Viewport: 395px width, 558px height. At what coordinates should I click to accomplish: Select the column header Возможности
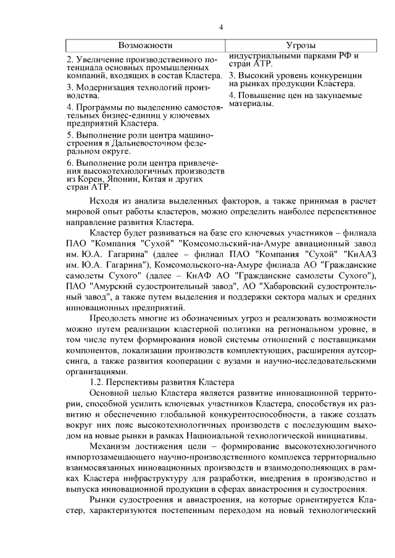click(x=145, y=46)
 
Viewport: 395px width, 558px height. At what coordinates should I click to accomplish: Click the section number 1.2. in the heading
click(x=98, y=382)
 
